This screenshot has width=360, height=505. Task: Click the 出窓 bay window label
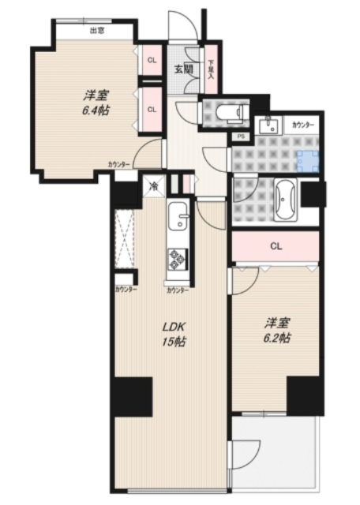click(x=97, y=31)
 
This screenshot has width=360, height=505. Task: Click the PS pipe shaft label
click(x=240, y=137)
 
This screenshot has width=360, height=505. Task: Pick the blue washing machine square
click(x=310, y=161)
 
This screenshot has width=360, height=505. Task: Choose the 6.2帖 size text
click(x=276, y=338)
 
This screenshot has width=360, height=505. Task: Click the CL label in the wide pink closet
click(x=275, y=245)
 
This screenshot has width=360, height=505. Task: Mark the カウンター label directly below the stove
click(x=178, y=290)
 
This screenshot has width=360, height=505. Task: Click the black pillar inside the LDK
click(x=131, y=396)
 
